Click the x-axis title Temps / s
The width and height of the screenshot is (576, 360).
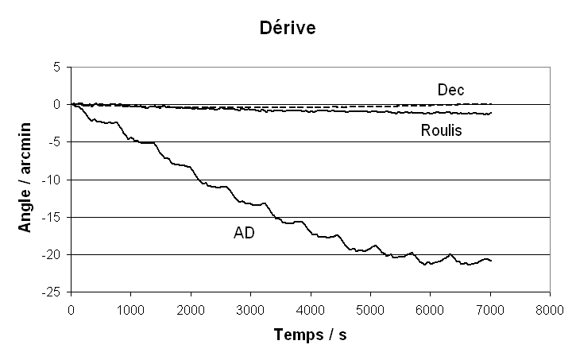(310, 335)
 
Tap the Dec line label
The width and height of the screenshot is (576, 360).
(450, 89)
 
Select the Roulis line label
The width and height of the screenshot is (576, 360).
(442, 130)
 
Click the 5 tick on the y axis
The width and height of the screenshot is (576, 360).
(56, 67)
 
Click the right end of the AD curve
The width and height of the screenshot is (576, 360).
(491, 261)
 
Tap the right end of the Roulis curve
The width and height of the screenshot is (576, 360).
(491, 113)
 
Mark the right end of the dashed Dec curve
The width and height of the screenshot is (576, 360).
(491, 103)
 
